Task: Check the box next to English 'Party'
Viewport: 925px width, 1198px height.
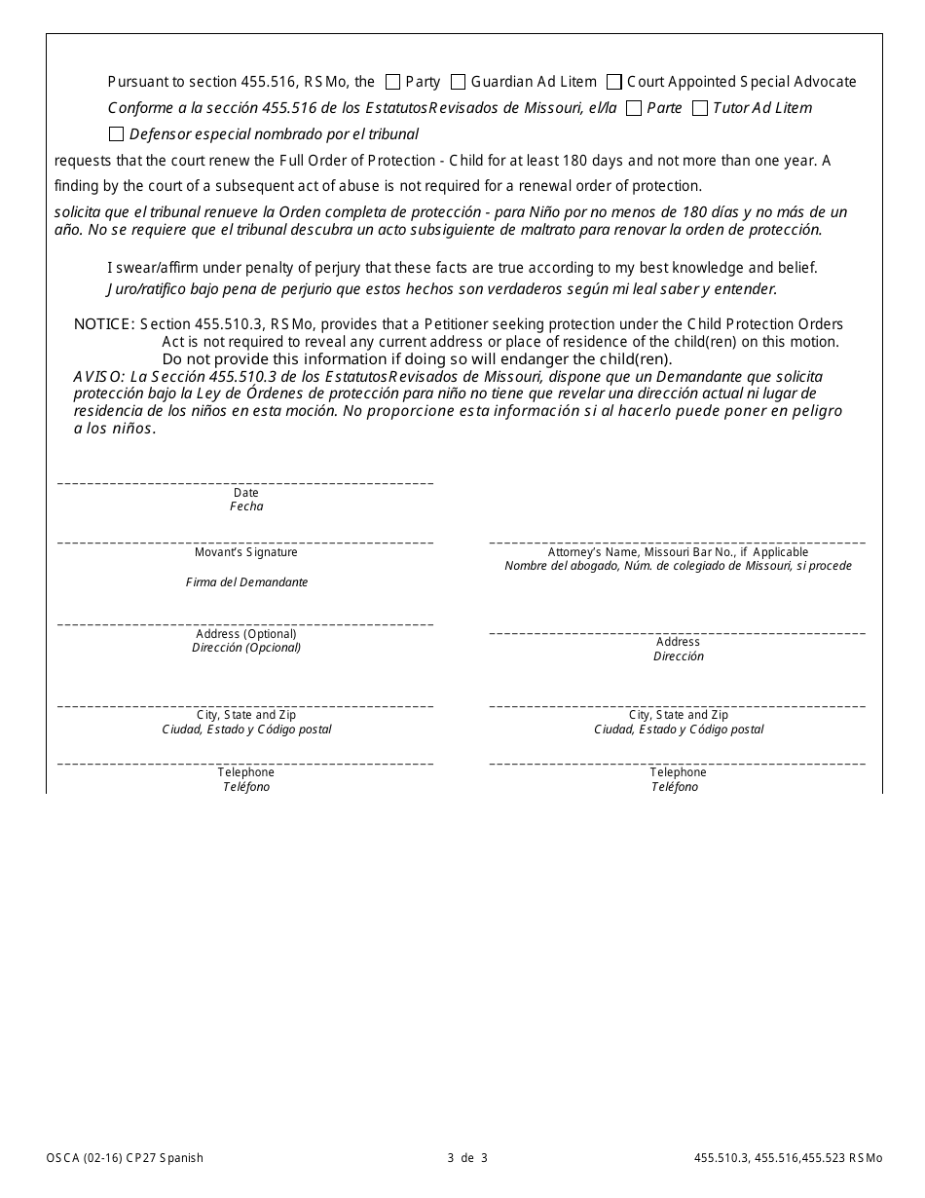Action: [393, 82]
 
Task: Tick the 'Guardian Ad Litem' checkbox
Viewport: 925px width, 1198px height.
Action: [458, 82]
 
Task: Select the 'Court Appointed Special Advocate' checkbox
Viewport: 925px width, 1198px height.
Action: [614, 82]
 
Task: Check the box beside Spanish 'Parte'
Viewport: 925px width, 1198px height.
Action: [634, 108]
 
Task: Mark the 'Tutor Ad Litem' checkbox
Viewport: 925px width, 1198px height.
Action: [699, 108]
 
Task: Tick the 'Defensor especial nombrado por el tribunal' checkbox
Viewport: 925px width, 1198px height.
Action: [117, 134]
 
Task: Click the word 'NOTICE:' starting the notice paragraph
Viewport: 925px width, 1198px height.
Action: [103, 324]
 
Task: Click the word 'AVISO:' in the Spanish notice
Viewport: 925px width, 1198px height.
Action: [98, 377]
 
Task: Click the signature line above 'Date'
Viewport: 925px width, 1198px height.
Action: [245, 483]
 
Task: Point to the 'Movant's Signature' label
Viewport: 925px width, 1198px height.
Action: [246, 552]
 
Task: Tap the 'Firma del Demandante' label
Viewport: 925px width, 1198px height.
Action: [246, 582]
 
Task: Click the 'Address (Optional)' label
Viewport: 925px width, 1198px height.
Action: [246, 634]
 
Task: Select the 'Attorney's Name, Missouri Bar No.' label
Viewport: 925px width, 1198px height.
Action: [678, 552]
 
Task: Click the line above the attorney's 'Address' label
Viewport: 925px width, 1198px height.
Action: [677, 633]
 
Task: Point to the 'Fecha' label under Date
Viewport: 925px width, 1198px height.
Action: [246, 506]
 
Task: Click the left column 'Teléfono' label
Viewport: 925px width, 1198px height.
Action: [246, 787]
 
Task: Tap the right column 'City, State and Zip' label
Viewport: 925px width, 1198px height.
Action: [678, 715]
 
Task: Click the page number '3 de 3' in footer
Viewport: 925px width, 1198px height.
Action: [467, 1158]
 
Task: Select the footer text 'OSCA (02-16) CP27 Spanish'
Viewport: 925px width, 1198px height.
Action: [125, 1158]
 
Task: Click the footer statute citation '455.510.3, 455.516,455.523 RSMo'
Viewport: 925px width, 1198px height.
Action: [788, 1158]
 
